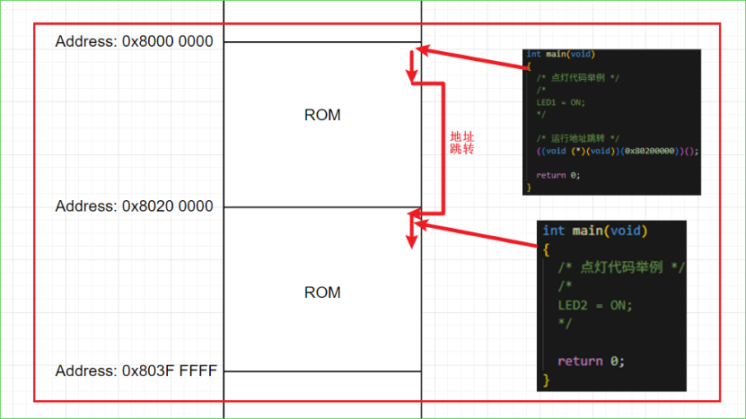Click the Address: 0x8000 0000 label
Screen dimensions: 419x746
click(x=134, y=42)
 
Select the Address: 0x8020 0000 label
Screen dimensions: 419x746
click(x=134, y=206)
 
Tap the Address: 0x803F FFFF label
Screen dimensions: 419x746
click(x=136, y=371)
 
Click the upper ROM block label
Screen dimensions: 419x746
click(x=322, y=116)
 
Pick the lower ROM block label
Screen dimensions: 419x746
click(x=322, y=292)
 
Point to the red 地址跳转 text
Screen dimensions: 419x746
click(x=461, y=142)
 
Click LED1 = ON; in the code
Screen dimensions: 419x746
click(x=560, y=102)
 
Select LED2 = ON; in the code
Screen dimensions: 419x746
click(x=595, y=305)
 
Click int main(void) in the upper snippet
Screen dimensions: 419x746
click(x=561, y=55)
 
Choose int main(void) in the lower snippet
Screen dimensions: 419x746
click(x=594, y=231)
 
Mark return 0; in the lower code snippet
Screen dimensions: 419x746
click(x=590, y=362)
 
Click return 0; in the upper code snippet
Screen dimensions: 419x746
click(x=557, y=175)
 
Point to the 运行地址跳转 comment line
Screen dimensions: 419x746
click(x=577, y=137)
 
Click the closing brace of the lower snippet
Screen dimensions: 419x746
click(x=546, y=380)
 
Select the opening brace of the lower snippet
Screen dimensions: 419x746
click(x=546, y=249)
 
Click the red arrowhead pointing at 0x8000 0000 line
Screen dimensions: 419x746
click(x=426, y=50)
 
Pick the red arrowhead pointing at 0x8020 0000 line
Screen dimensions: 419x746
click(x=416, y=223)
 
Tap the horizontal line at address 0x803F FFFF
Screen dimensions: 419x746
click(x=322, y=371)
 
